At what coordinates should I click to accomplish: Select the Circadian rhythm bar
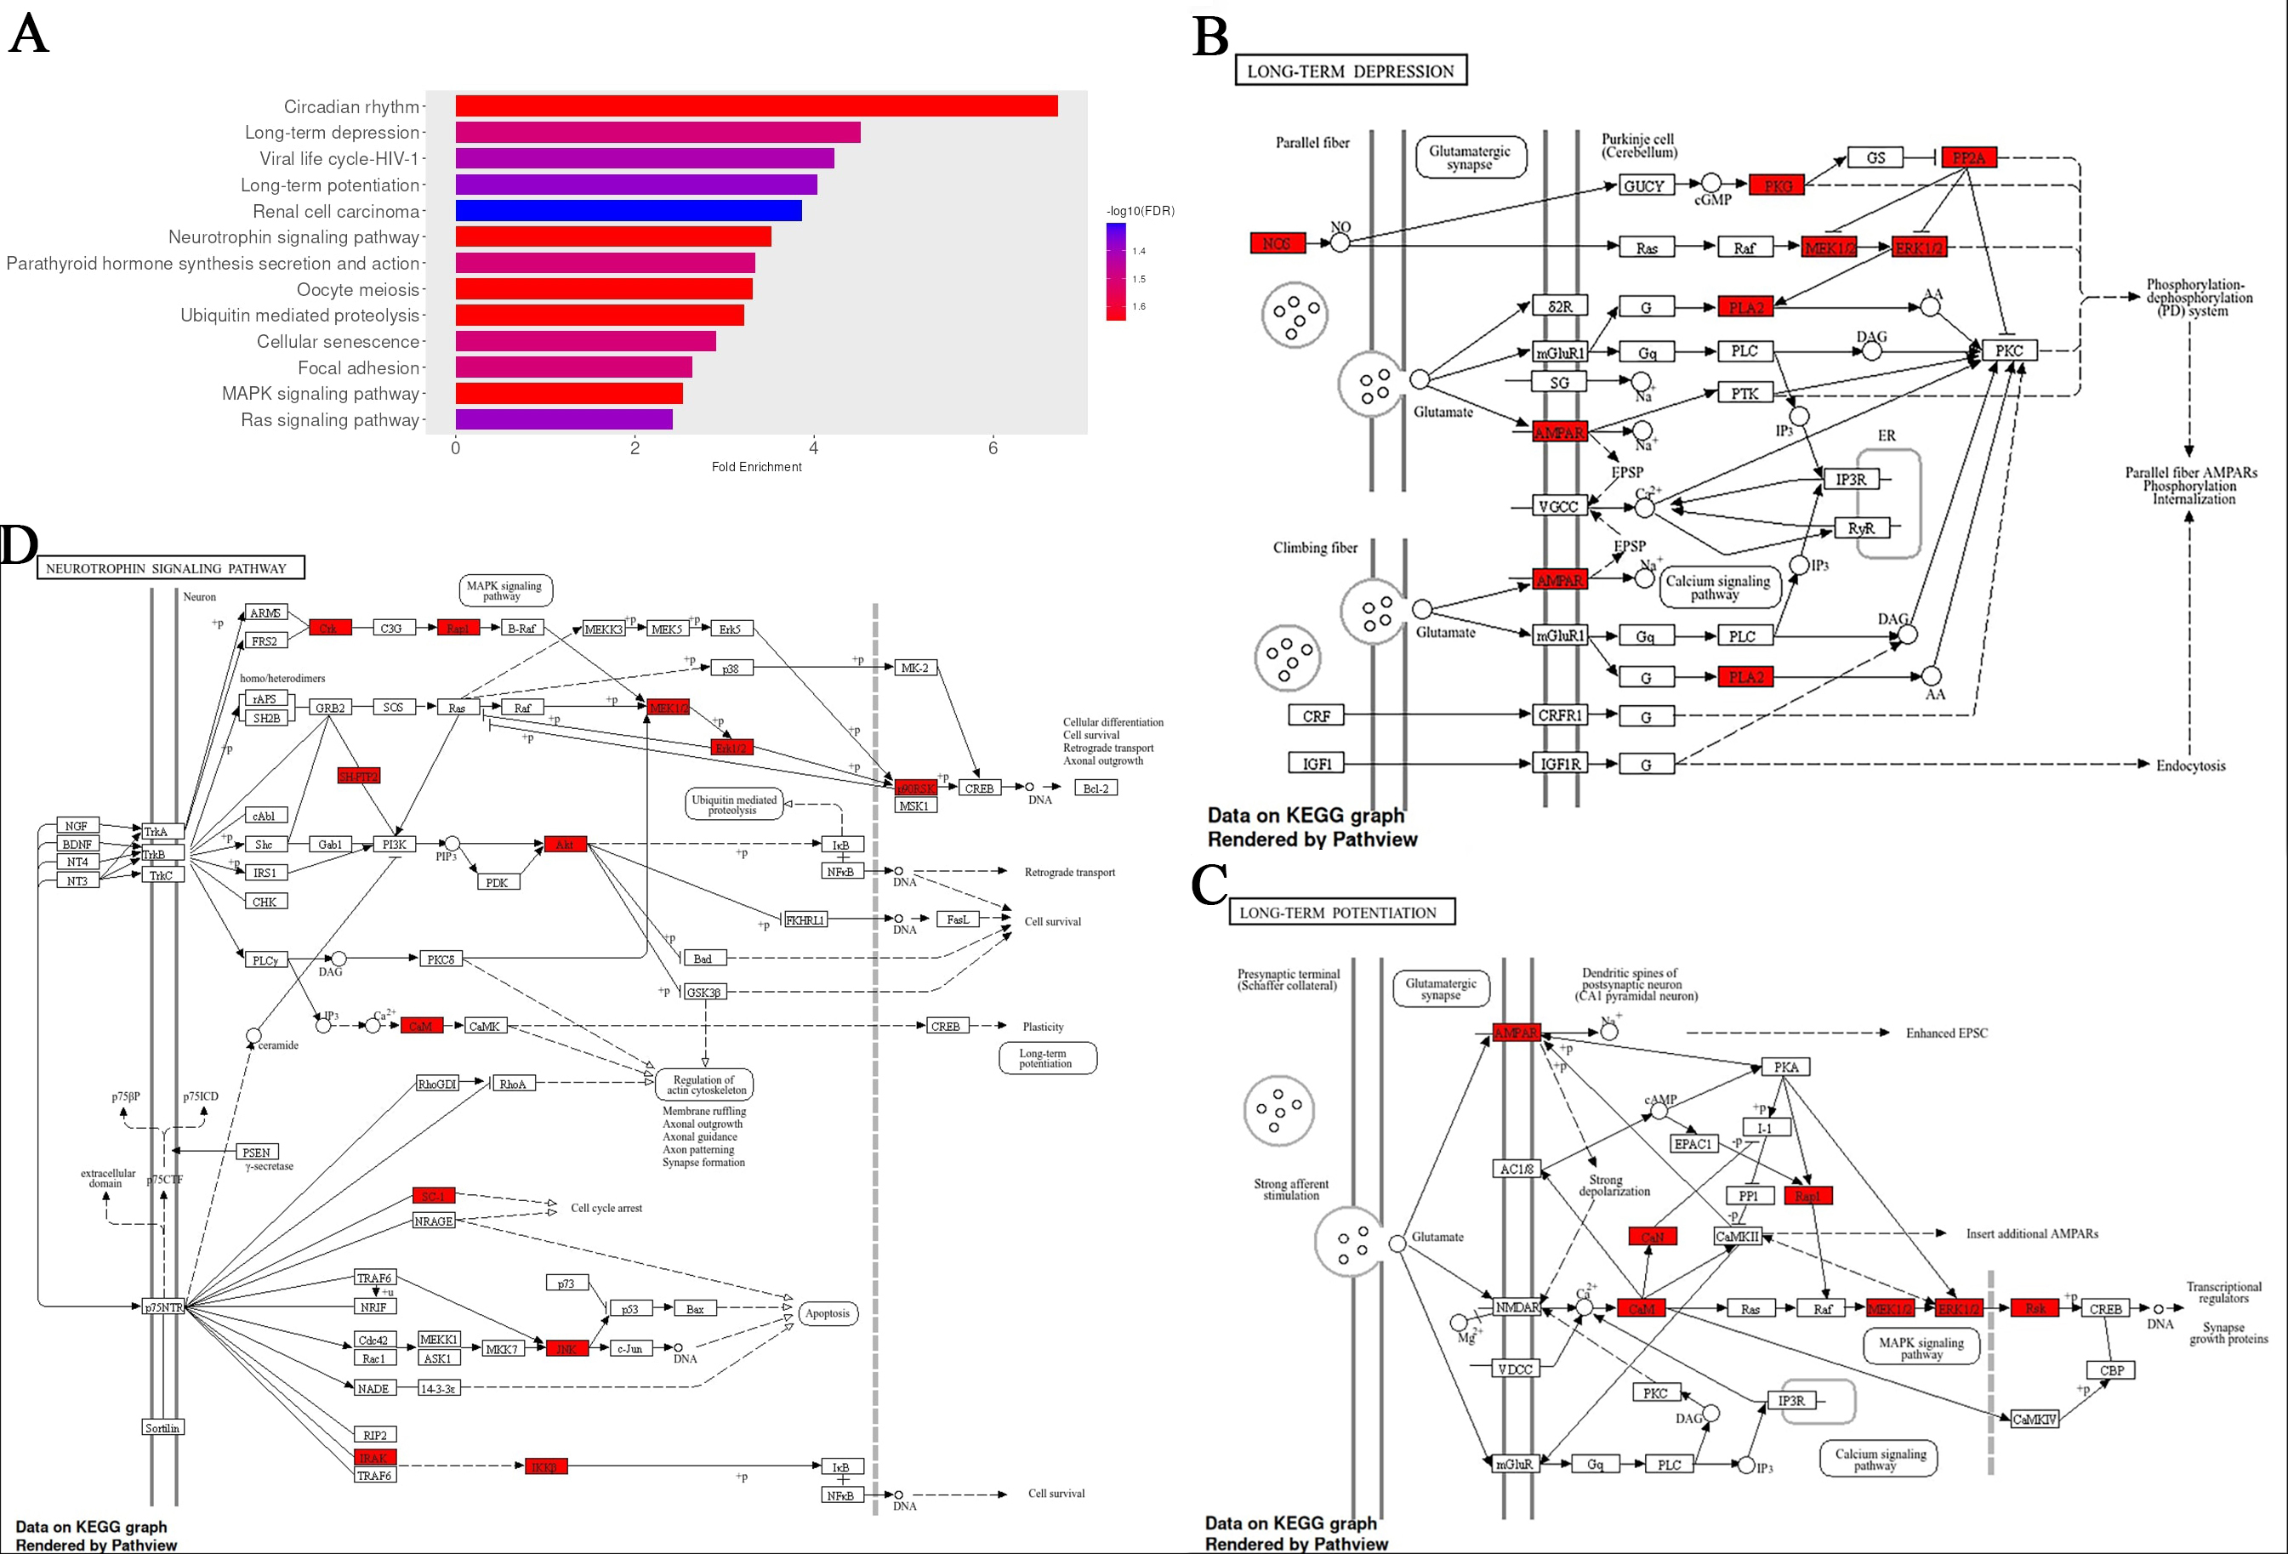(x=756, y=105)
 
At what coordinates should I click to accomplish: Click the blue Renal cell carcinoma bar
(x=628, y=211)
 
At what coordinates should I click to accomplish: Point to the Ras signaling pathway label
(x=330, y=420)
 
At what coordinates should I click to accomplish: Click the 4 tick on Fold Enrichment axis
(x=813, y=448)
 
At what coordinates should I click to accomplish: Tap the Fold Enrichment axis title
(x=756, y=467)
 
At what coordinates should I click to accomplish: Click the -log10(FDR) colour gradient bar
(x=1115, y=270)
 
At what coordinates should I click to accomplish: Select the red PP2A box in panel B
(x=1969, y=157)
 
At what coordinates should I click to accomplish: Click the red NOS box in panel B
(x=1277, y=243)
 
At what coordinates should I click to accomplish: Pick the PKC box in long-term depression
(x=2008, y=350)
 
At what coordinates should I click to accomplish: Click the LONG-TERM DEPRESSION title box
(x=1350, y=71)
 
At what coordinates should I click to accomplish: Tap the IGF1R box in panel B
(x=1559, y=764)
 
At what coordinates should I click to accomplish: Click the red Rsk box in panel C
(x=2035, y=1308)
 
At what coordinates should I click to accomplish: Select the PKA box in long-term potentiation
(x=1786, y=1067)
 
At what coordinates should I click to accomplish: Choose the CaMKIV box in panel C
(x=2034, y=1419)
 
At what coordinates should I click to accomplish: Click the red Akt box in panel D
(x=565, y=844)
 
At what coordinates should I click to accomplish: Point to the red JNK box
(x=567, y=1348)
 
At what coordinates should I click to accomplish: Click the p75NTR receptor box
(x=163, y=1306)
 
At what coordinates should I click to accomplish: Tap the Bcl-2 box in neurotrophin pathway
(x=1096, y=788)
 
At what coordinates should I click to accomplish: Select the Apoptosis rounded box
(x=827, y=1312)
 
